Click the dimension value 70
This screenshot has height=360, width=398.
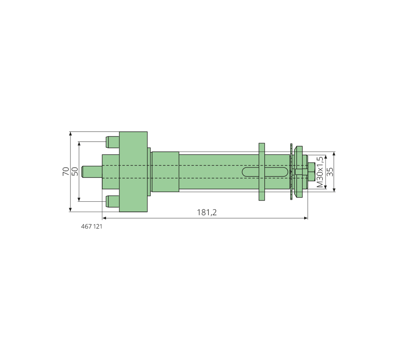coord(66,172)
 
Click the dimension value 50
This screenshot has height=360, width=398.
coord(75,172)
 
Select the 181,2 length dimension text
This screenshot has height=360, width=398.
coord(207,212)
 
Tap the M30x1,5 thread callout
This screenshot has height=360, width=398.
coord(320,172)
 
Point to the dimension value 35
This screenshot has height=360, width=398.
coord(330,172)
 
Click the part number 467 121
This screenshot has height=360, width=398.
coord(92,226)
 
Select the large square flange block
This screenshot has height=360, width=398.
coord(133,172)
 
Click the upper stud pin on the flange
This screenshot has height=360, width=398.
coord(112,142)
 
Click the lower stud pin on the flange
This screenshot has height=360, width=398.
coord(112,201)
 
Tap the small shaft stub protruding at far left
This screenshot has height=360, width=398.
coord(92,172)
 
